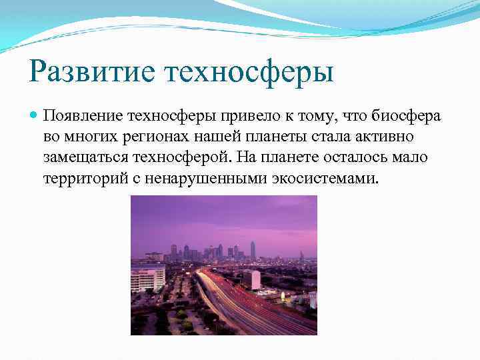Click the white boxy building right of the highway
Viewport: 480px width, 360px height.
pyautogui.click(x=253, y=279)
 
